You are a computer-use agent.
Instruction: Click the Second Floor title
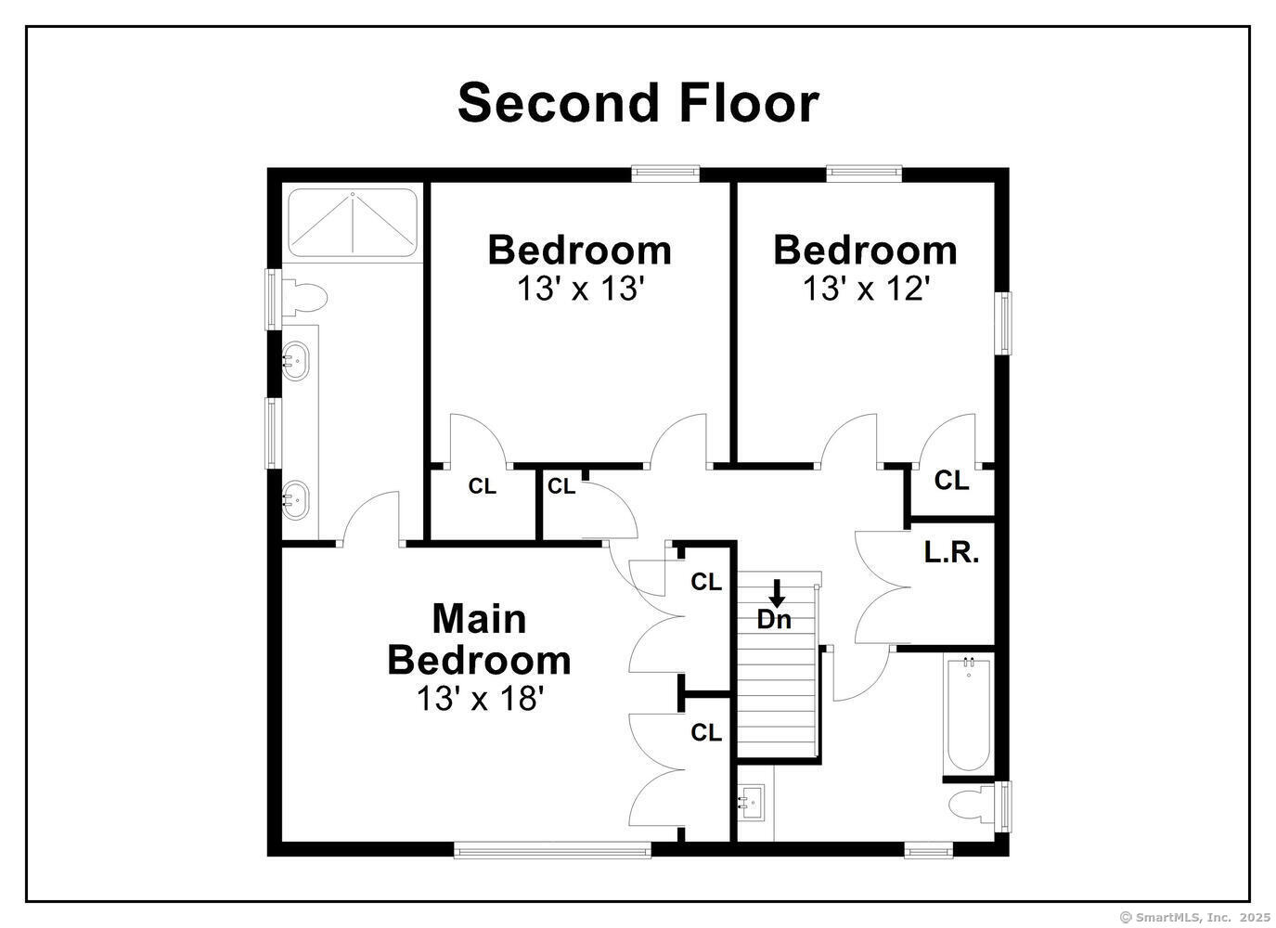point(638,102)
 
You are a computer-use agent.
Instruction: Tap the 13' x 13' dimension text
point(580,290)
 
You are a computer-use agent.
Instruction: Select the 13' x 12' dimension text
point(866,290)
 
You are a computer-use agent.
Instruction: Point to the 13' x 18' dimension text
point(479,698)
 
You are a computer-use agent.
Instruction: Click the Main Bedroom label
point(479,639)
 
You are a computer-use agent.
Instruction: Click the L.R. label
point(951,553)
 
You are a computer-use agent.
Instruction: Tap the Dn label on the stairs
point(774,620)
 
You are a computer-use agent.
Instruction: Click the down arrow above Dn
point(778,593)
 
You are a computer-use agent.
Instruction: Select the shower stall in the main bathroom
point(353,223)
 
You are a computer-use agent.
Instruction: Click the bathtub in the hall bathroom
point(969,715)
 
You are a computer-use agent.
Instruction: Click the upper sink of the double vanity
point(296,358)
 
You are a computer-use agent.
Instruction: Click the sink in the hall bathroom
point(751,799)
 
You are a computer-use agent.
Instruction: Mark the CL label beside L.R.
point(951,481)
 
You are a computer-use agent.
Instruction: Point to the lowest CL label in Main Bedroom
point(706,733)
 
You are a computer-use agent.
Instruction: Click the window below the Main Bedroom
point(552,849)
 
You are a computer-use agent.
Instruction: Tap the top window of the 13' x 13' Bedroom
point(665,172)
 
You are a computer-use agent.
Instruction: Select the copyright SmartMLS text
point(1194,917)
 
